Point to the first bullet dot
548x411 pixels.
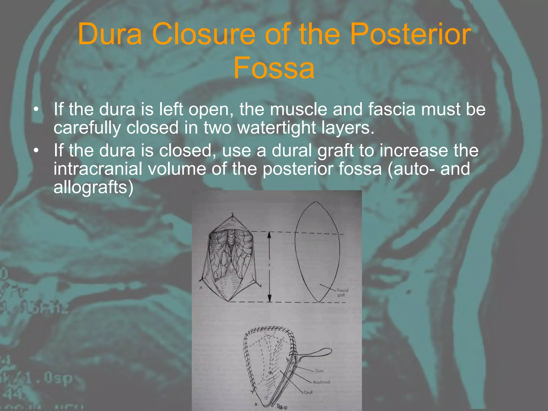point(36,110)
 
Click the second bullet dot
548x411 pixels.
point(36,151)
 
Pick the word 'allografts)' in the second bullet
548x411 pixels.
point(93,187)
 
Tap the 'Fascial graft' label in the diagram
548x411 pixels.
point(342,292)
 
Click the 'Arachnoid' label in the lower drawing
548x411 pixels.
point(321,382)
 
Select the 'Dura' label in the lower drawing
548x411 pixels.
point(319,371)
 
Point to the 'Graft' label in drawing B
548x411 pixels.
point(308,392)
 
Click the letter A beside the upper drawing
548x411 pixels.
point(201,287)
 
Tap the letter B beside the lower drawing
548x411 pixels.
point(256,404)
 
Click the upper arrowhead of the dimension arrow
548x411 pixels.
point(269,235)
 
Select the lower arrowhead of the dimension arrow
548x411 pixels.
point(270,298)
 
